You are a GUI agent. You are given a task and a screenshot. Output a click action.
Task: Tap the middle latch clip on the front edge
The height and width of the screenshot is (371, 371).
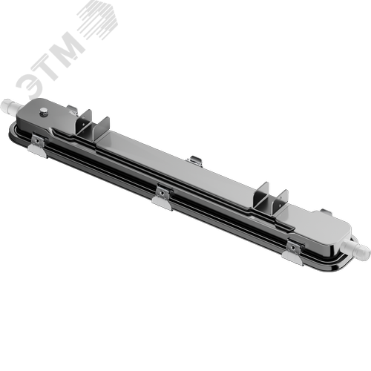tap(161, 194)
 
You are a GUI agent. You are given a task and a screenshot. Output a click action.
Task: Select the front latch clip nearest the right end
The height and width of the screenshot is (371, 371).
tap(294, 245)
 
